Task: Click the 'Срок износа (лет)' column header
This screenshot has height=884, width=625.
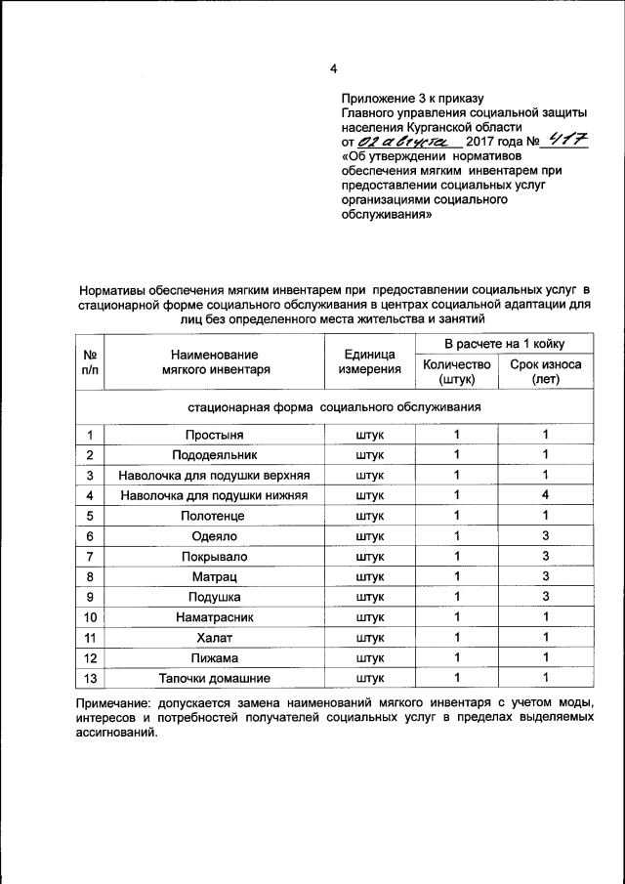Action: pyautogui.click(x=546, y=372)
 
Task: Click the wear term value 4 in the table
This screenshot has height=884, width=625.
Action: pyautogui.click(x=546, y=495)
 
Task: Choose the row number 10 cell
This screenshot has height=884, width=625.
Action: pyautogui.click(x=90, y=617)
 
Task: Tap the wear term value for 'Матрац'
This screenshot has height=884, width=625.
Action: pyautogui.click(x=546, y=576)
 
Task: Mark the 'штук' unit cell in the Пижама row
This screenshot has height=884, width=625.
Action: pyautogui.click(x=369, y=657)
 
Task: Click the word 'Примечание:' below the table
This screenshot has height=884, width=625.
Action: pyautogui.click(x=115, y=704)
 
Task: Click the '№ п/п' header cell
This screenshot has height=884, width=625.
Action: pyautogui.click(x=90, y=361)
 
